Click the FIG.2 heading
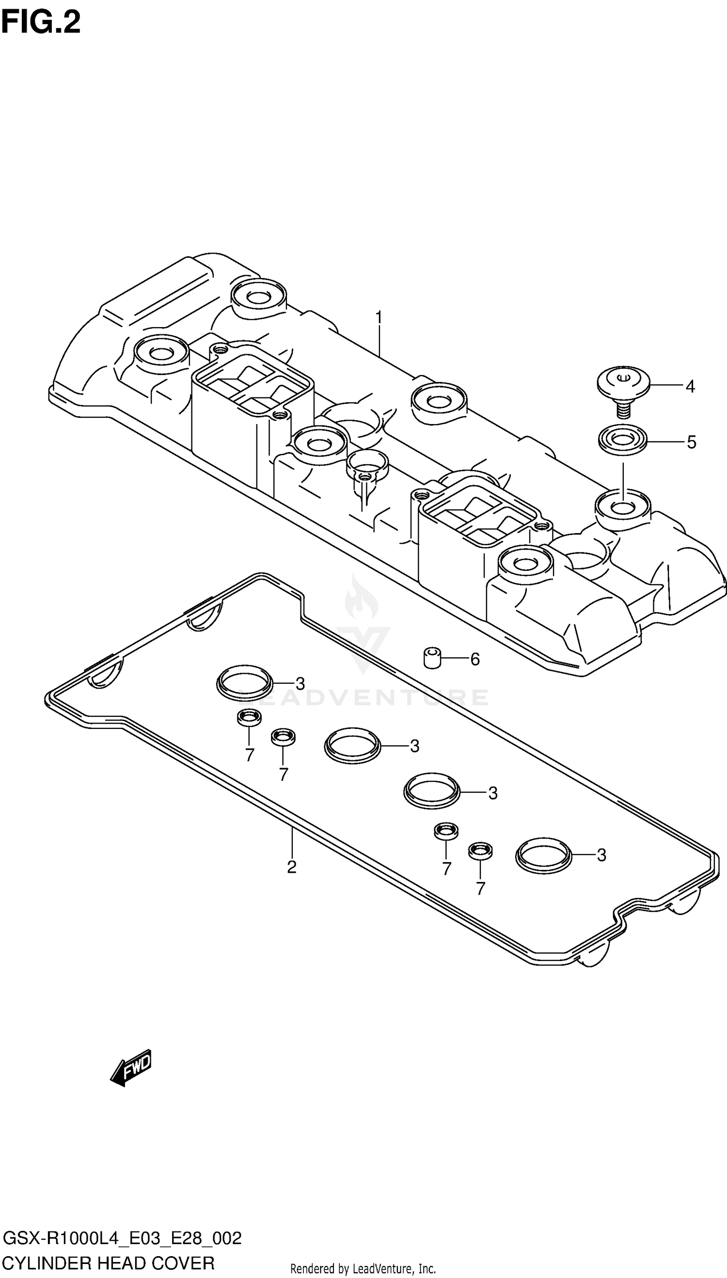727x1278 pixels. [41, 23]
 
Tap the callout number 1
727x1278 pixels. [379, 317]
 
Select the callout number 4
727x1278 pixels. [690, 386]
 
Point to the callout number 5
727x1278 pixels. [691, 442]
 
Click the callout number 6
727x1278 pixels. [475, 660]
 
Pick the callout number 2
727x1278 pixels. [292, 867]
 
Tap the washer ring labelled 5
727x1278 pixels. [623, 440]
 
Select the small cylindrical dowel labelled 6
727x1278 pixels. [432, 658]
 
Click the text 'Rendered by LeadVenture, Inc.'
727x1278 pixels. [363, 1268]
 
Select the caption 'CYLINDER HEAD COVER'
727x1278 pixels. [109, 1263]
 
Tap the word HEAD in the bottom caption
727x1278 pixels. [120, 1263]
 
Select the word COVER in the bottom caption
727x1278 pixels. [183, 1263]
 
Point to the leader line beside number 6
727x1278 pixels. [455, 659]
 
